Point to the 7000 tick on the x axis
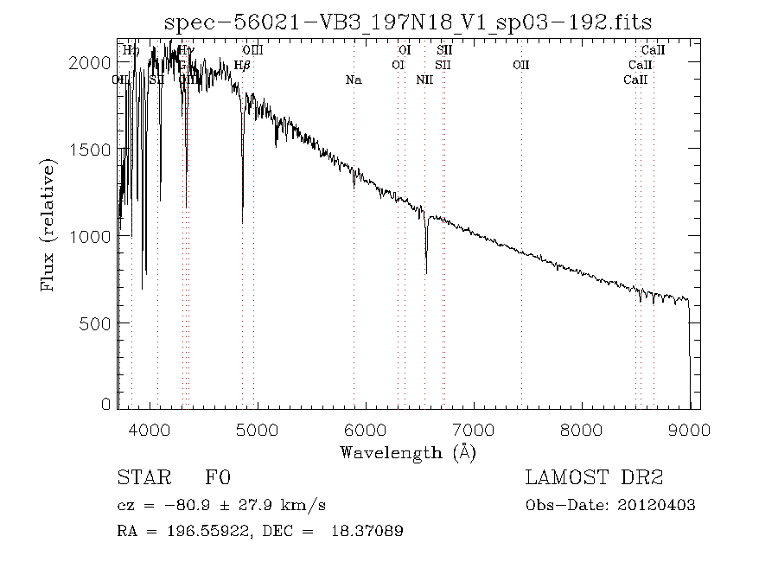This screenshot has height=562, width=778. pyautogui.click(x=474, y=430)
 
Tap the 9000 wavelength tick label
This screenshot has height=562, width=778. pyautogui.click(x=690, y=430)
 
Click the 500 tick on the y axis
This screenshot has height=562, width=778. pyautogui.click(x=99, y=323)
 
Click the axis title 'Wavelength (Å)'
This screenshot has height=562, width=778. pyautogui.click(x=407, y=452)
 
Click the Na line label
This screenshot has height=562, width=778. pyautogui.click(x=353, y=80)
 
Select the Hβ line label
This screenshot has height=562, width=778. pyautogui.click(x=242, y=65)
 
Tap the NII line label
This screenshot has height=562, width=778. pyautogui.click(x=424, y=80)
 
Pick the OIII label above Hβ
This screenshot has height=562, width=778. pyautogui.click(x=252, y=51)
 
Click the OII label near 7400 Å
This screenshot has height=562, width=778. pyautogui.click(x=521, y=65)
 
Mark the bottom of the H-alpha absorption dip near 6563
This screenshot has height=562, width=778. pyautogui.click(x=426, y=273)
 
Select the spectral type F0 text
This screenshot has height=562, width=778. pyautogui.click(x=218, y=478)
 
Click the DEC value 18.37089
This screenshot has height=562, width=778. pyautogui.click(x=367, y=531)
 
